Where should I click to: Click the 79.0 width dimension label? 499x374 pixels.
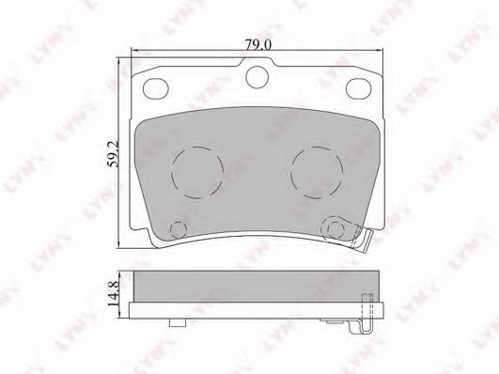point(258,44)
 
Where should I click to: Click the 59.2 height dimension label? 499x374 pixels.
point(114,154)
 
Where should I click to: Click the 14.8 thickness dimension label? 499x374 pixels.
point(114,293)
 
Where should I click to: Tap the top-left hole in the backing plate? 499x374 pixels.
point(156,87)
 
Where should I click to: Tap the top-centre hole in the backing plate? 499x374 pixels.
point(257,77)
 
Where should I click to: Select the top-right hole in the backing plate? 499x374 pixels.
point(359,87)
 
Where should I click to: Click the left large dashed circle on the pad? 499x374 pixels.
point(197,173)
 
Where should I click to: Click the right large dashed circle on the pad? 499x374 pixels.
point(318,173)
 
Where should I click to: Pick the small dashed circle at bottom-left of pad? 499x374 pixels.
point(179,229)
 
